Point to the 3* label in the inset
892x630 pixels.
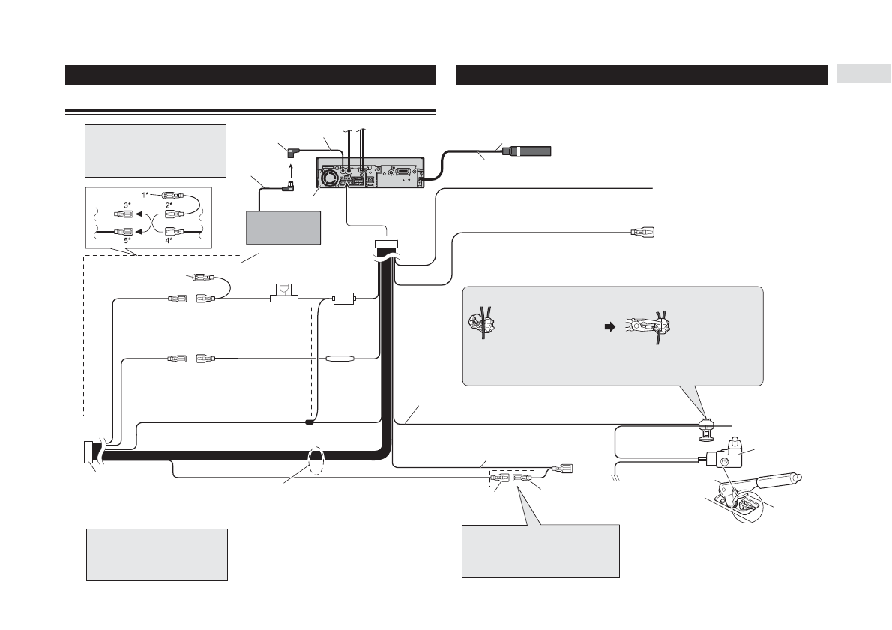pos(127,205)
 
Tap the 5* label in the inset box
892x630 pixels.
pos(127,241)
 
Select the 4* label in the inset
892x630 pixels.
pos(169,241)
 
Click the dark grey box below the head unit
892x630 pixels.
pos(283,228)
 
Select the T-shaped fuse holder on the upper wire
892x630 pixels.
pos(284,292)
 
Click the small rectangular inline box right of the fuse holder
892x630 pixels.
pos(343,298)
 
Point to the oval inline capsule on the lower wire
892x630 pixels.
pos(340,358)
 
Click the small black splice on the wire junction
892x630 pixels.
pos(310,423)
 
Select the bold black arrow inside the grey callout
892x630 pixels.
pos(609,327)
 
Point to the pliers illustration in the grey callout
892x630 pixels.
pos(648,328)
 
